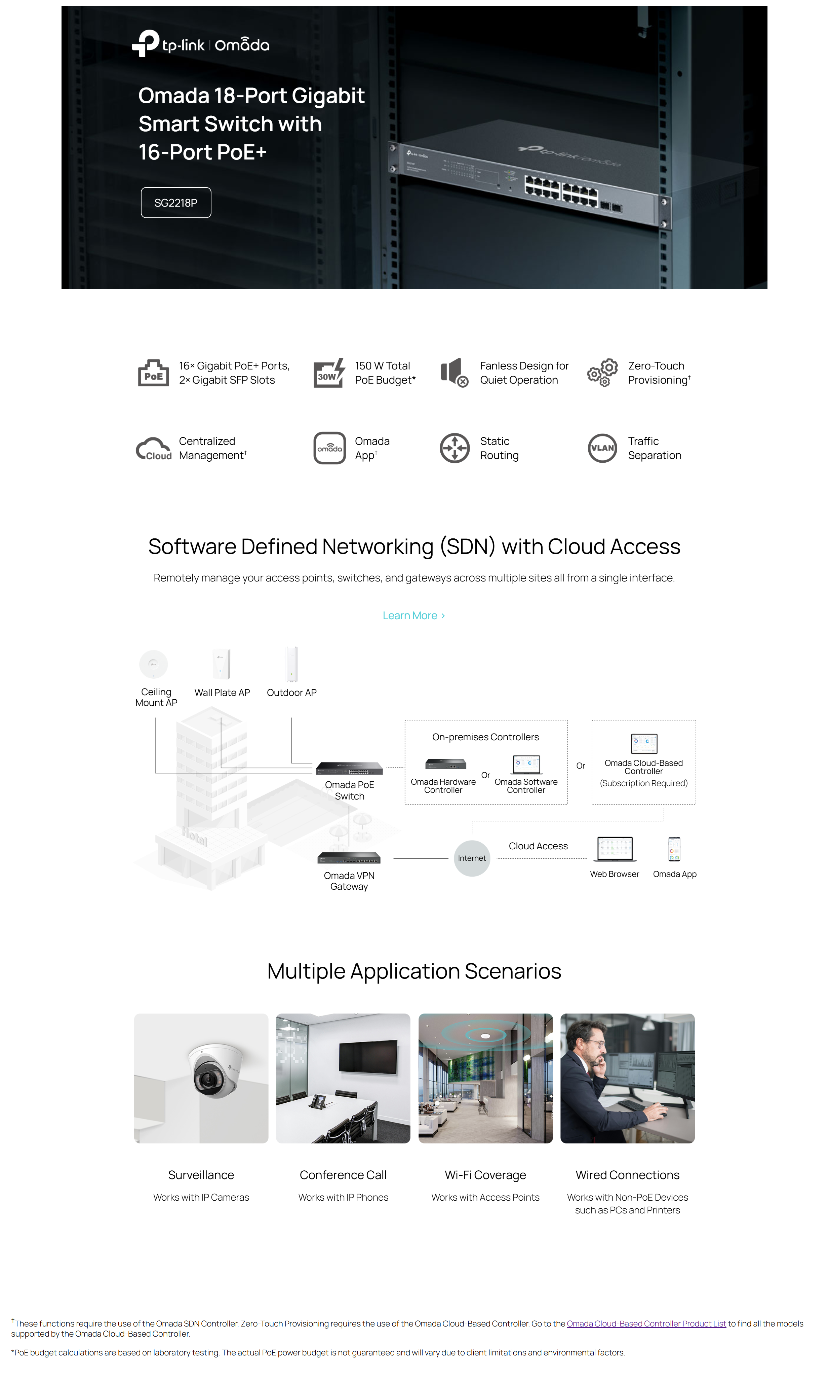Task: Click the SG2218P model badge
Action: click(175, 202)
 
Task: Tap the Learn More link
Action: click(413, 615)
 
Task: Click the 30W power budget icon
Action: click(328, 373)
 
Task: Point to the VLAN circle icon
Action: click(602, 448)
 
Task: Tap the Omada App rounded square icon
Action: click(329, 448)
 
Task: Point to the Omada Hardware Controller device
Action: click(445, 764)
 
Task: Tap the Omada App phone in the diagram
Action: click(674, 849)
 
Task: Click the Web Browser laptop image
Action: click(615, 849)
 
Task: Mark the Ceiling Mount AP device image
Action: click(154, 664)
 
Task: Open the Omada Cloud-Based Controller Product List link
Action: click(646, 1323)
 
